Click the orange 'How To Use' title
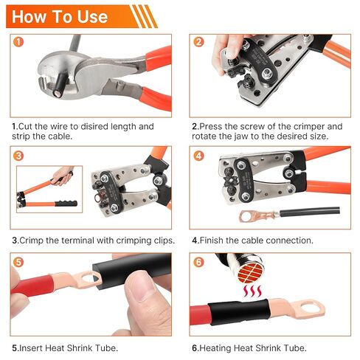(x=60, y=16)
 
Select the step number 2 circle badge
(x=198, y=42)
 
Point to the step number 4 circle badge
(x=198, y=156)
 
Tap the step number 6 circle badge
(x=198, y=262)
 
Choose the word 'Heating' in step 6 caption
(x=218, y=347)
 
